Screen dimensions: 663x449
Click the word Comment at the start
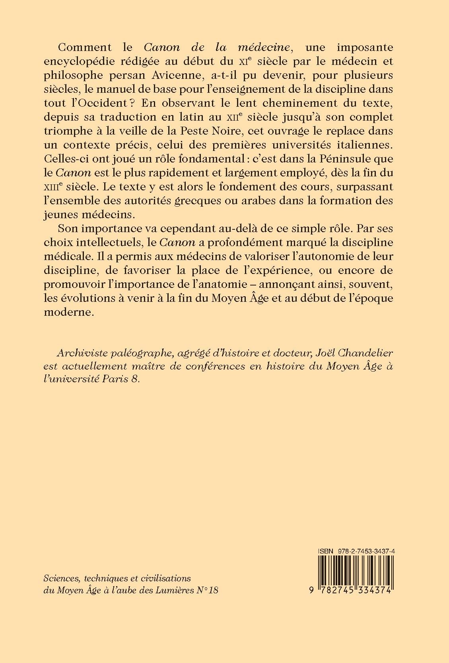tap(79, 47)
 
